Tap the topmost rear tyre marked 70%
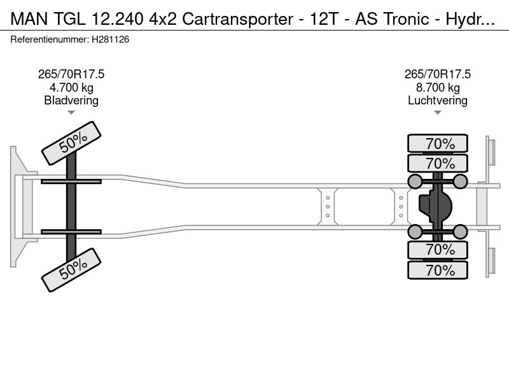(438, 143)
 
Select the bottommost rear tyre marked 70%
(438, 270)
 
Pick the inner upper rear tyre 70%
(438, 163)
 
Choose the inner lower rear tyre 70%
(438, 250)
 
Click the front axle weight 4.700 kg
(71, 87)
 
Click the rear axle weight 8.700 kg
(438, 87)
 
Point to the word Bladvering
(71, 100)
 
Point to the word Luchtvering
(438, 100)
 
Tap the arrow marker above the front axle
(71, 113)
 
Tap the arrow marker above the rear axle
(438, 113)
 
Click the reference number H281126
(110, 39)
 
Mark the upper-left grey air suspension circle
(415, 182)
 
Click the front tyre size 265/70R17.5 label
(71, 74)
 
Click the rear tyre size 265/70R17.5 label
(438, 74)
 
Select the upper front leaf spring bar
(71, 181)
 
